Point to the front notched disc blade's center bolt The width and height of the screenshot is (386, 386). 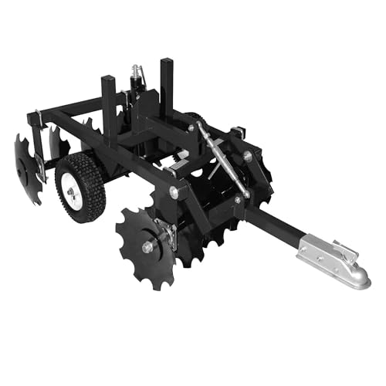pyautogui.click(x=147, y=246)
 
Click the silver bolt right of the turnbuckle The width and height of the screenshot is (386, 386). pyautogui.click(x=247, y=155)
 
